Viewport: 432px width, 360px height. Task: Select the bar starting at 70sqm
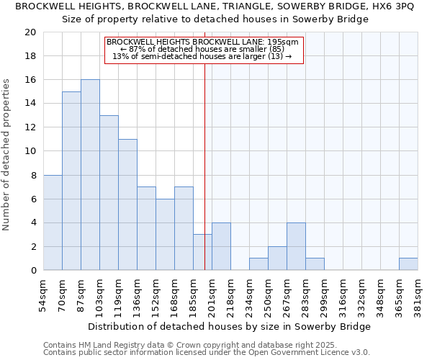(71, 181)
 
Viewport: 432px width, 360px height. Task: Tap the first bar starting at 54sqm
(53, 222)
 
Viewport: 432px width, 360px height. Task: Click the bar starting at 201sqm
(221, 246)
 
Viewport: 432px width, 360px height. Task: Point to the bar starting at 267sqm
(296, 246)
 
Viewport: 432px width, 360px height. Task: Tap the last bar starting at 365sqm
(408, 264)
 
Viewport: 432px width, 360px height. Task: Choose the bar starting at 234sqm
(258, 264)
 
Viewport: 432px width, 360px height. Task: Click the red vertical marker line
(205, 144)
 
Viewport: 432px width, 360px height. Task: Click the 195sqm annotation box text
(204, 50)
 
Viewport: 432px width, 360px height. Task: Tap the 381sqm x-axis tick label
(418, 296)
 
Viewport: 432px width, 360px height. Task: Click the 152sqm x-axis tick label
(156, 296)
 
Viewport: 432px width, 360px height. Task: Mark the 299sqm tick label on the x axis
(324, 296)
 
